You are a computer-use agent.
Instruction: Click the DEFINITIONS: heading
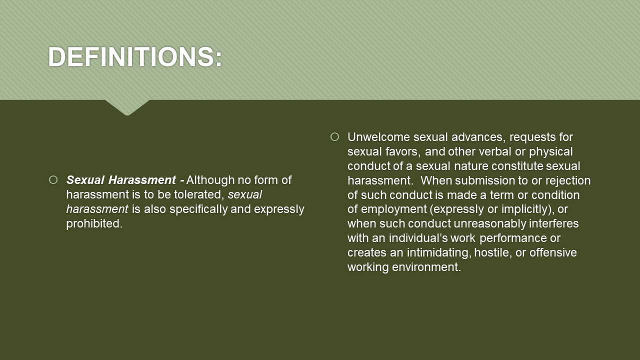[135, 56]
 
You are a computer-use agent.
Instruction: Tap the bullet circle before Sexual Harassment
[53, 179]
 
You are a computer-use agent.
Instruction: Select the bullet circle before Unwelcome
[334, 136]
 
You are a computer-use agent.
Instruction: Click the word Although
[210, 180]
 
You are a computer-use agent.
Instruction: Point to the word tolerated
[197, 194]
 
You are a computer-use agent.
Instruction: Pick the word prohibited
[94, 223]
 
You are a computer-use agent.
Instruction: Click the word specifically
[198, 209]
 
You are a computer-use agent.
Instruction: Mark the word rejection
[567, 181]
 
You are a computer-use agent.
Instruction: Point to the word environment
[426, 267]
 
